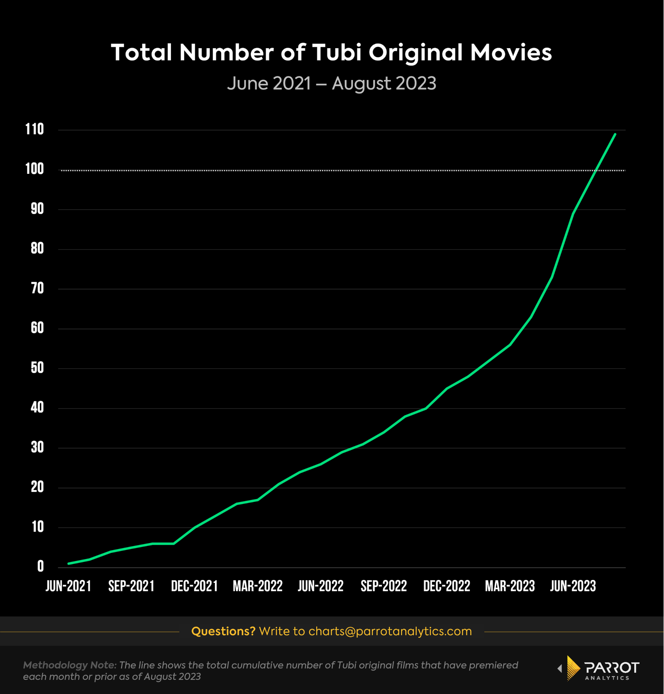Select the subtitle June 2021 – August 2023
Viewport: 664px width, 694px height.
(x=332, y=83)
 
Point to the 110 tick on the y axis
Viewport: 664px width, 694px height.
(x=34, y=129)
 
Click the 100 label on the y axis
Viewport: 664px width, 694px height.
(x=34, y=169)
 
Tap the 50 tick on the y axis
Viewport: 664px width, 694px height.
(x=37, y=368)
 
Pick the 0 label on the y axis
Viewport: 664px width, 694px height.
(x=40, y=567)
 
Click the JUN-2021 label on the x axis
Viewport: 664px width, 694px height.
(x=68, y=586)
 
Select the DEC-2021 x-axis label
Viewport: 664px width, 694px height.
(x=194, y=586)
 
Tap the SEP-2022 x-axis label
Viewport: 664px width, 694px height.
(x=383, y=586)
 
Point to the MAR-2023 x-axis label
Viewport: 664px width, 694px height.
(x=510, y=586)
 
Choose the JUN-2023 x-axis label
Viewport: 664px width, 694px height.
(x=573, y=586)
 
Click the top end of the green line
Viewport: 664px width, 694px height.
(x=615, y=134)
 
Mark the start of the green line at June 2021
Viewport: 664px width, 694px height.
(x=69, y=563)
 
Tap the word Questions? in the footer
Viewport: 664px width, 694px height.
(x=223, y=631)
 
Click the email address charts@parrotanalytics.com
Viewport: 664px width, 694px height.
(x=390, y=631)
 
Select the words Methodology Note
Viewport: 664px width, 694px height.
(x=69, y=665)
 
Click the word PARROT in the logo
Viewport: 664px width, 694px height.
(x=612, y=667)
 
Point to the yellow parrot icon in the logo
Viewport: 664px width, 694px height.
(x=573, y=668)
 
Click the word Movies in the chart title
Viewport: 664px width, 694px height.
(x=511, y=53)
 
